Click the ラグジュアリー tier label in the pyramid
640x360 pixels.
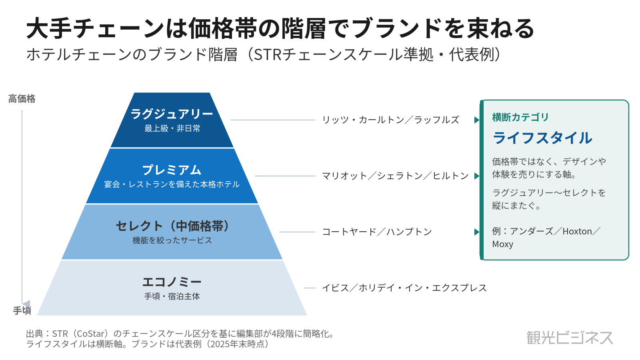tap(172, 114)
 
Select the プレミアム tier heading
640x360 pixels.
tap(172, 170)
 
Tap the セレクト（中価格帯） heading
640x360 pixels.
tap(172, 226)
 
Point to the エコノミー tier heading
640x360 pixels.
tap(172, 282)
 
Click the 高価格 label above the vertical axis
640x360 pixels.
tap(22, 99)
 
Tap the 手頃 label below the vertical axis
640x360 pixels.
tap(22, 310)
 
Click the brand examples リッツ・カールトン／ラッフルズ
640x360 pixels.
tap(390, 120)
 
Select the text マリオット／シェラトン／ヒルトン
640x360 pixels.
tap(395, 176)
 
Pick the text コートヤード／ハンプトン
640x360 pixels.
tap(377, 232)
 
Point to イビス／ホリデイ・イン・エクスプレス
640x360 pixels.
tap(404, 288)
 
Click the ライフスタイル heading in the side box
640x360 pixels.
tap(542, 138)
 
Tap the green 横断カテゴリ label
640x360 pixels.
tap(520, 117)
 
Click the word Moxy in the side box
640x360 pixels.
tap(502, 244)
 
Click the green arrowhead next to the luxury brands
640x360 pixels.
tap(477, 120)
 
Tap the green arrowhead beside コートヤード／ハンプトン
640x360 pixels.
tap(477, 232)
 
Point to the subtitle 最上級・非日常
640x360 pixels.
tap(172, 128)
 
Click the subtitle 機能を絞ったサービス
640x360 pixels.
tap(172, 240)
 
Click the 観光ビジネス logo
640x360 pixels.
tap(570, 338)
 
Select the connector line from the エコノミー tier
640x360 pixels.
tap(310, 288)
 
